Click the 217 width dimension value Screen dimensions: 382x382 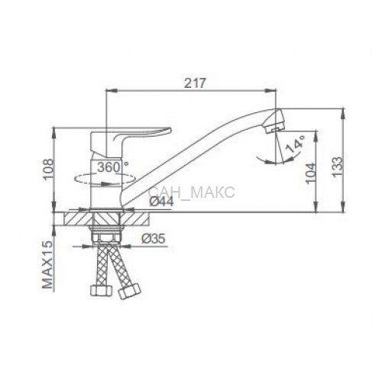(x=194, y=83)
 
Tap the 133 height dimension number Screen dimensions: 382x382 (x=337, y=167)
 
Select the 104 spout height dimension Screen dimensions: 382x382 (x=310, y=173)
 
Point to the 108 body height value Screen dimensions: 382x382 (x=48, y=170)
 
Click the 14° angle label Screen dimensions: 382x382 (x=296, y=144)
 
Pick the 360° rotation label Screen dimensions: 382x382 (x=112, y=167)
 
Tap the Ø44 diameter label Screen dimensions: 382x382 (x=161, y=202)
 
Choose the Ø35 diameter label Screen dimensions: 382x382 (x=154, y=238)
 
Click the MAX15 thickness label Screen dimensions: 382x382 (x=47, y=264)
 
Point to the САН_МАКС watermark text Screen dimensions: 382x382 (x=192, y=192)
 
